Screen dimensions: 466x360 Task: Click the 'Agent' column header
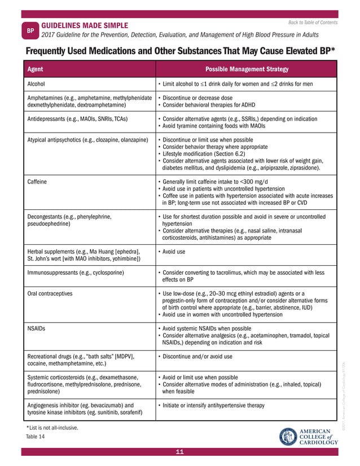[36, 69]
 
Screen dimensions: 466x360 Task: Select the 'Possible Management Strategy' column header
[247, 69]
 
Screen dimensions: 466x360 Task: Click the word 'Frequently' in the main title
[50, 51]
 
